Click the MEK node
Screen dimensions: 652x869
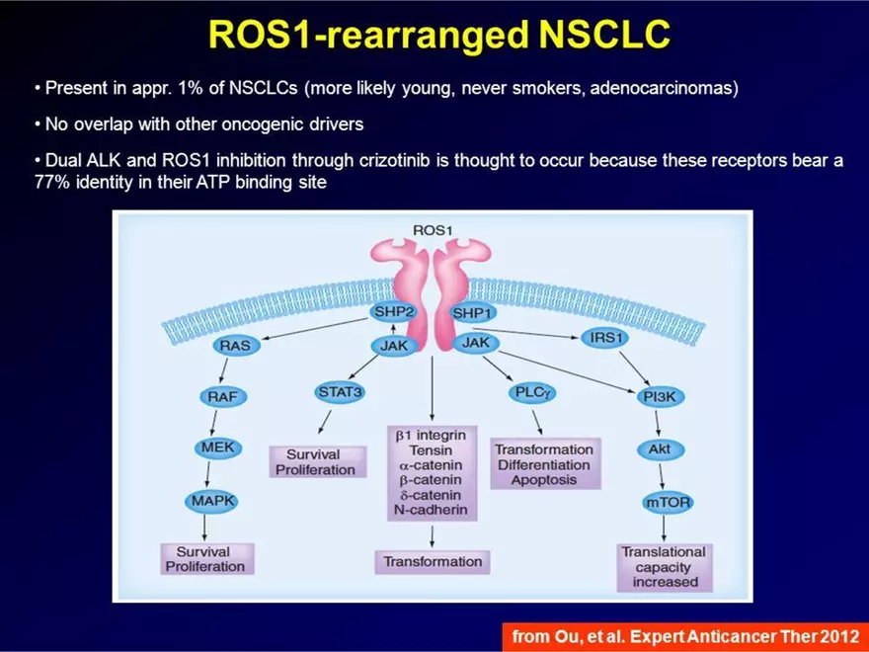[x=216, y=448]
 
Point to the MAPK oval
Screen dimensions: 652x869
[x=211, y=501]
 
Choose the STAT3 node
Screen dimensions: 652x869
[x=340, y=392]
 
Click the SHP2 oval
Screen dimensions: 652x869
[x=394, y=312]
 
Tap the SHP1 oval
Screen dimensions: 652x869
[x=473, y=313]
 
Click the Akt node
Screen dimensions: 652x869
[x=659, y=449]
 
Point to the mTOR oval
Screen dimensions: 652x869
[x=668, y=502]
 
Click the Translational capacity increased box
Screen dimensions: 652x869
[x=664, y=567]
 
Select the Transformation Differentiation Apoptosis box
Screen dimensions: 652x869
[x=543, y=464]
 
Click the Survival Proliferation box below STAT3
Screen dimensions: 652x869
[x=315, y=462]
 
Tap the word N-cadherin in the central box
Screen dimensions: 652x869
[x=431, y=511]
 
